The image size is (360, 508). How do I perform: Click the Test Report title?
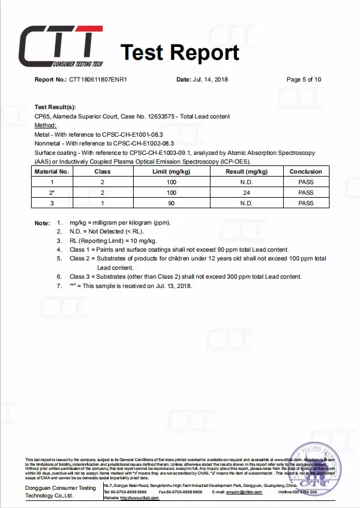[179, 53]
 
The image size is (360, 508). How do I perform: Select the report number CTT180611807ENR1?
[99, 80]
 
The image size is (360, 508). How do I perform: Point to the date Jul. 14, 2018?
[210, 80]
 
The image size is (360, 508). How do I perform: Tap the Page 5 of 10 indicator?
[304, 80]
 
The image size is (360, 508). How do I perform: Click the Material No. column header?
[52, 172]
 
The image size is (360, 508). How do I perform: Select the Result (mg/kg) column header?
[246, 172]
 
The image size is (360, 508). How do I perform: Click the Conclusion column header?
[305, 172]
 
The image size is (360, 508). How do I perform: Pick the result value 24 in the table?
[246, 192]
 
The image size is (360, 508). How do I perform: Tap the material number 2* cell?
[52, 192]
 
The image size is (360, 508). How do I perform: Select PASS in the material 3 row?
[305, 203]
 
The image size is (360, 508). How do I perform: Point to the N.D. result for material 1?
[246, 182]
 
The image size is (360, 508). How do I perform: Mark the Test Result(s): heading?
[55, 107]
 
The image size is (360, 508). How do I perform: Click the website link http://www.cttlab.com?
[141, 497]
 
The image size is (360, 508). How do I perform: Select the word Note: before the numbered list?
[42, 223]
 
